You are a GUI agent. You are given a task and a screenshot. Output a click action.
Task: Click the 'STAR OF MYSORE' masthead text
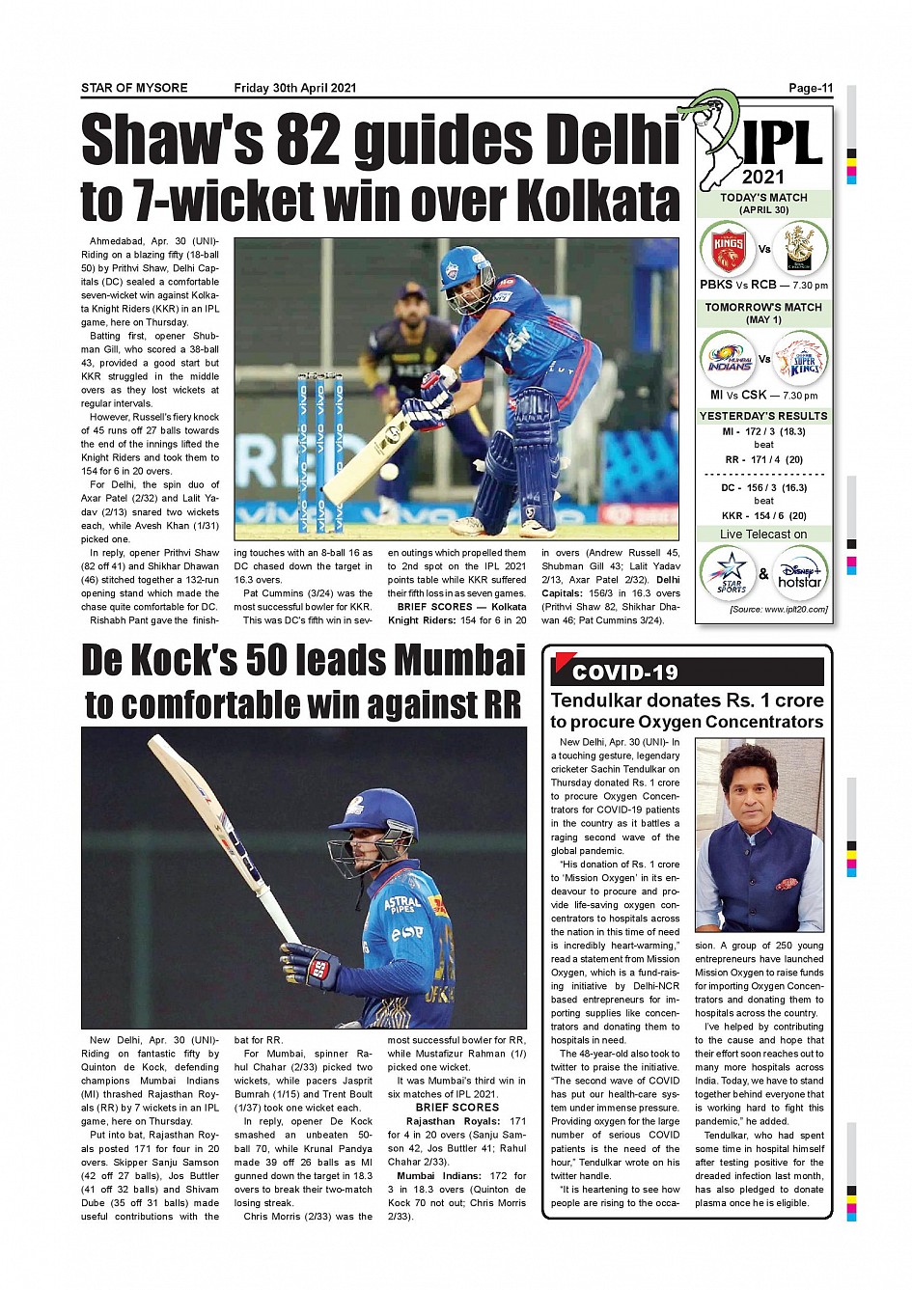134,88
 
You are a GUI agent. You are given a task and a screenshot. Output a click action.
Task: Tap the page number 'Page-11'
810,88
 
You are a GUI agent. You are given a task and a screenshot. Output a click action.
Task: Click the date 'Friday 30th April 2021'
295,88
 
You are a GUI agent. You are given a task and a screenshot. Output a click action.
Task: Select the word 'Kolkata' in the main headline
598,201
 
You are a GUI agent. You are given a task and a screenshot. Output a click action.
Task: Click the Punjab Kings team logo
728,249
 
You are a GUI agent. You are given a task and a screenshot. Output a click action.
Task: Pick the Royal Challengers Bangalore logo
800,249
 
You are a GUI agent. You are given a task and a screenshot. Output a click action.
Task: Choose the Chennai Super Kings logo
801,359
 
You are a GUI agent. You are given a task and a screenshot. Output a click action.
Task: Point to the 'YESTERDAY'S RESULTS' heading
763,416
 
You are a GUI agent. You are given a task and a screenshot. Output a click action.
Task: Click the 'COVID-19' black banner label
625,672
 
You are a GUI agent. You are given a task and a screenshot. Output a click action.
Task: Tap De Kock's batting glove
309,966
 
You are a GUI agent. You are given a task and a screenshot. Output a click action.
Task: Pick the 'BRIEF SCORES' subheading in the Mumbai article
457,1107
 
